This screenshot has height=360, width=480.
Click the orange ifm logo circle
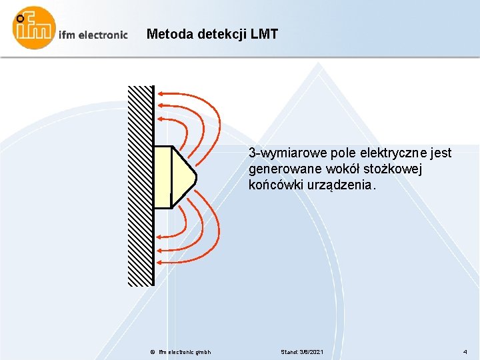tap(34, 28)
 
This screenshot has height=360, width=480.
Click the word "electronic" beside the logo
tap(103, 35)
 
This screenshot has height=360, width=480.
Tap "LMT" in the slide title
tap(264, 33)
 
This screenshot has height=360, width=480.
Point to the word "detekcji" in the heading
tap(221, 33)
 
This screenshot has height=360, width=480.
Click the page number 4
tap(465, 351)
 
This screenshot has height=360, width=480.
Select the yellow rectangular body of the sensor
tap(163, 177)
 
